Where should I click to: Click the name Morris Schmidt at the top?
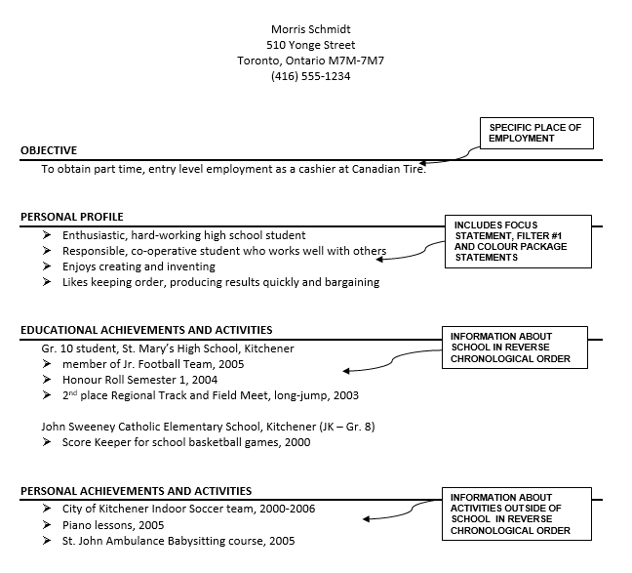tap(310, 28)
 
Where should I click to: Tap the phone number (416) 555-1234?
tap(310, 76)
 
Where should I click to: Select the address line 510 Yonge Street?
tap(310, 45)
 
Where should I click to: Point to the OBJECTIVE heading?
tap(49, 150)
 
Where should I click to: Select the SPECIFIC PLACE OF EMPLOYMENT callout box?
tap(534, 133)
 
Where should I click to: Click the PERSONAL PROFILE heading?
tap(72, 217)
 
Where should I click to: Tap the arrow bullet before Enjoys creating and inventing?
tap(47, 266)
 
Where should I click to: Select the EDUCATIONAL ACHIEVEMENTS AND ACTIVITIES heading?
tap(146, 330)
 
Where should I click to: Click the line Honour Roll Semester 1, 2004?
tap(139, 380)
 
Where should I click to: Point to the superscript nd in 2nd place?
tap(75, 392)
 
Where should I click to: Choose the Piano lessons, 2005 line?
tap(113, 524)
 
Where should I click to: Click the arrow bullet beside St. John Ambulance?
tap(47, 541)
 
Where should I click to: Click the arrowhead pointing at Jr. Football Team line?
tap(346, 370)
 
